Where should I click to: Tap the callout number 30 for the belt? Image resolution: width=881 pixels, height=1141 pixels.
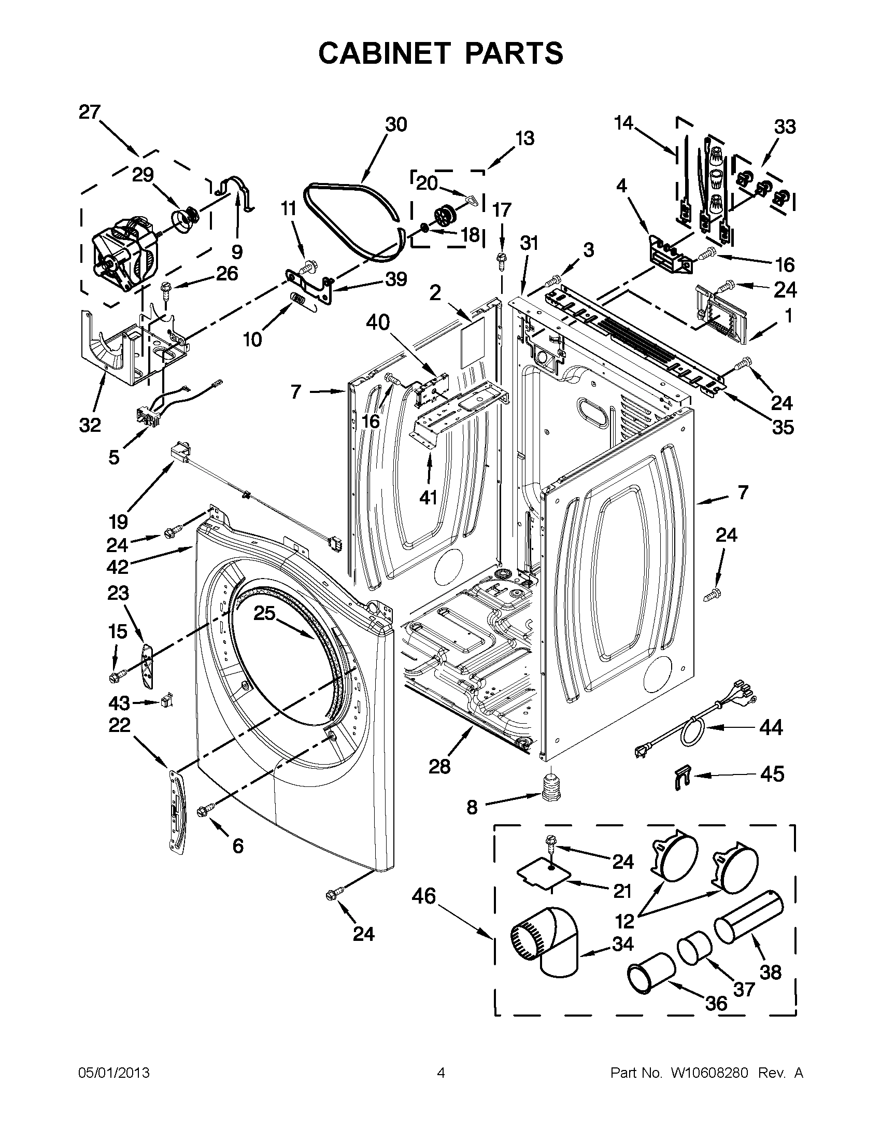(x=396, y=125)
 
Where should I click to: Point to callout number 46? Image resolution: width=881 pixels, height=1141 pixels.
(x=423, y=896)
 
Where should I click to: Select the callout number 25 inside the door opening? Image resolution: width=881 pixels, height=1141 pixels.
(x=264, y=613)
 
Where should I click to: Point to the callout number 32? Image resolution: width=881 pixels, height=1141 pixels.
(x=90, y=425)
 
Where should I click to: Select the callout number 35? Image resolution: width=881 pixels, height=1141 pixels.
(x=782, y=427)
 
